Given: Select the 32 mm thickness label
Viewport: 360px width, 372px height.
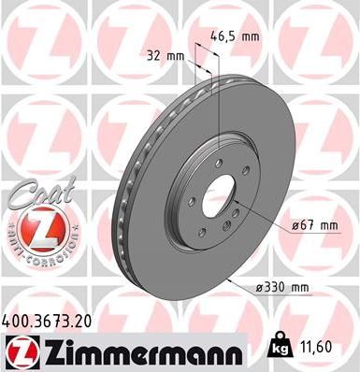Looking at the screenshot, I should [166, 54].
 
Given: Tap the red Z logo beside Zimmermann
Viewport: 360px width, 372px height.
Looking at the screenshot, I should [18, 352].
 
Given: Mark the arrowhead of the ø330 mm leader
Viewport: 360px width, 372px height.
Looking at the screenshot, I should [228, 280].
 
